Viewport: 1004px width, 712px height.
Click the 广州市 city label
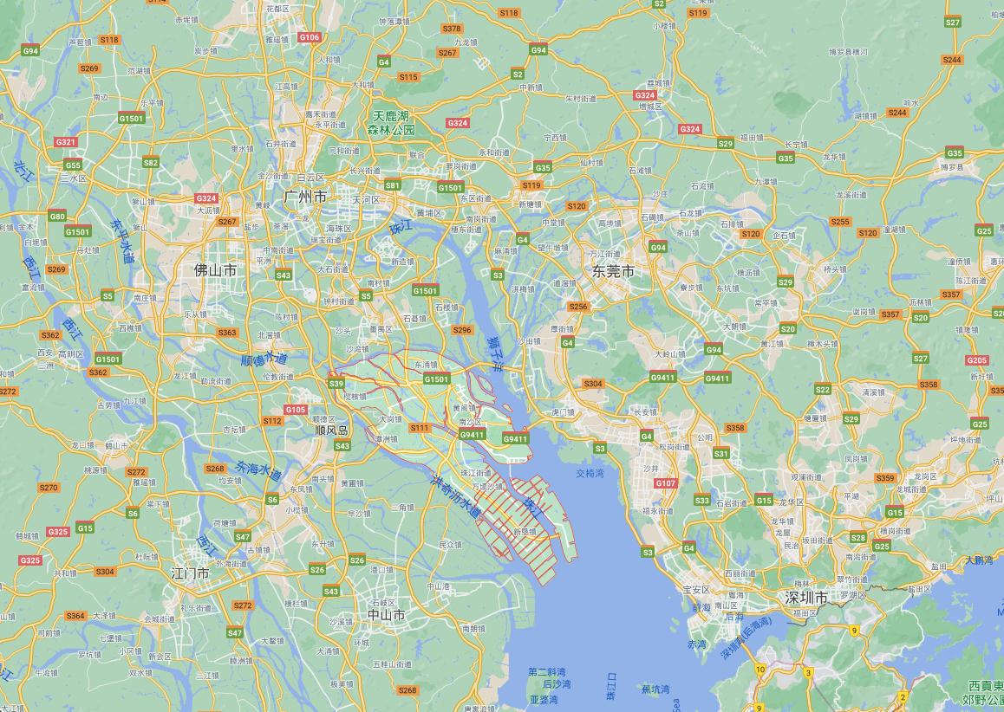tap(305, 197)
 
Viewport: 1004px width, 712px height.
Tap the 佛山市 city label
tap(215, 270)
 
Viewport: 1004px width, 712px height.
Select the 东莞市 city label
tap(613, 271)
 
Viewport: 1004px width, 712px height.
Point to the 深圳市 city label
tap(805, 598)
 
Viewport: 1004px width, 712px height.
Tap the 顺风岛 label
tap(330, 430)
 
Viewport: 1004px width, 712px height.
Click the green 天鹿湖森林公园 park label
tap(390, 122)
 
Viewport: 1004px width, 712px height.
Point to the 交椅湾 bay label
tap(590, 474)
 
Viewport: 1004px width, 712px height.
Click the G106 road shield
tap(309, 37)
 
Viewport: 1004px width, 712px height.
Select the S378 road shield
tap(452, 29)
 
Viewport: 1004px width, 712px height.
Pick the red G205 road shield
tap(976, 360)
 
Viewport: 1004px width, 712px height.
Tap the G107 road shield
tap(665, 482)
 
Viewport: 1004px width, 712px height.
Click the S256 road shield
tap(577, 307)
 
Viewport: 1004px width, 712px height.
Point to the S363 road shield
tap(227, 333)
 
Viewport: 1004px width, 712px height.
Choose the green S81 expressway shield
tap(392, 185)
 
